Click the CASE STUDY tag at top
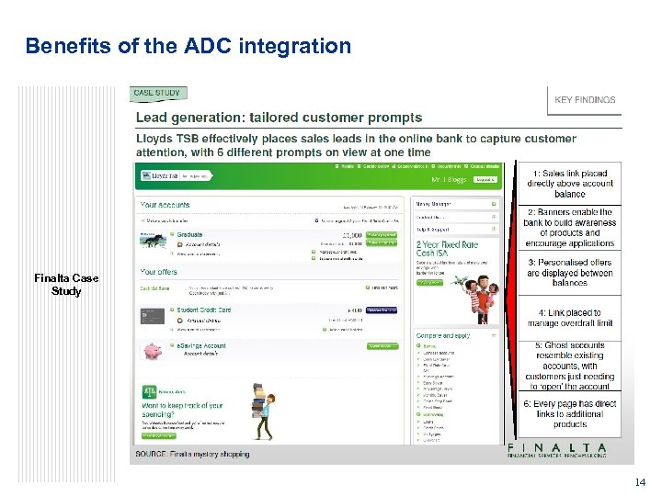pyautogui.click(x=157, y=93)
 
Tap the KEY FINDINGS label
pyautogui.click(x=586, y=100)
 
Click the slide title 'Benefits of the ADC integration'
pyautogui.click(x=188, y=45)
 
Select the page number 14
pyautogui.click(x=640, y=482)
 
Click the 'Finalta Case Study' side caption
pyautogui.click(x=66, y=285)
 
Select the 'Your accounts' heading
pyautogui.click(x=165, y=205)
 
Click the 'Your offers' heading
pyautogui.click(x=159, y=272)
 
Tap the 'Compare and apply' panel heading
pyautogui.click(x=443, y=336)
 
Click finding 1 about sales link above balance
pyautogui.click(x=570, y=184)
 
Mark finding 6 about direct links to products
pyautogui.click(x=570, y=413)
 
